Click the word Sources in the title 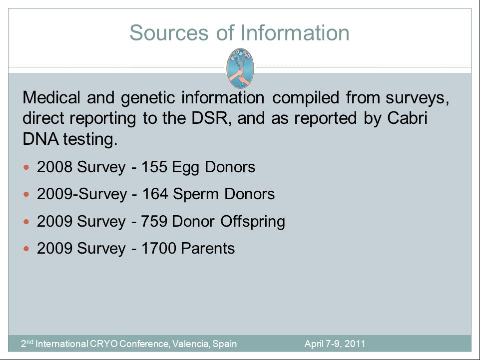[x=169, y=33]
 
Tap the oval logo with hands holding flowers [x=240, y=68]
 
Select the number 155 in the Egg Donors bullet [x=154, y=167]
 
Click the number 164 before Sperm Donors [x=155, y=194]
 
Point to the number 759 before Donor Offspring [x=154, y=221]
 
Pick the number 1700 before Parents [x=158, y=248]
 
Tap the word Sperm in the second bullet [x=196, y=194]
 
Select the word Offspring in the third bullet [x=253, y=222]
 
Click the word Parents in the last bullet [x=208, y=248]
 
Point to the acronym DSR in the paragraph [x=210, y=118]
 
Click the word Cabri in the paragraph [x=407, y=118]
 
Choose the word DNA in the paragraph [x=40, y=139]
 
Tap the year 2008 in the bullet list [x=54, y=167]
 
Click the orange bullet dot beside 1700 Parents [x=26, y=249]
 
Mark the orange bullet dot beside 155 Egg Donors [x=26, y=167]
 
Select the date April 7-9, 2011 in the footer [x=335, y=344]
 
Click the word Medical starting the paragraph [x=51, y=97]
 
